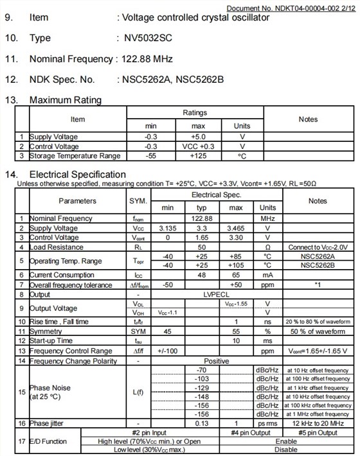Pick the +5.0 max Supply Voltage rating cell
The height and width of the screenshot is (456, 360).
point(199,137)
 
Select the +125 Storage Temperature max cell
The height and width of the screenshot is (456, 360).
point(199,155)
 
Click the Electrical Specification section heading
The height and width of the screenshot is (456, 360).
point(78,175)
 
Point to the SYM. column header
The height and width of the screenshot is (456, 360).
point(139,201)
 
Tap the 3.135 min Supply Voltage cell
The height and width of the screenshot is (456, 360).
point(168,228)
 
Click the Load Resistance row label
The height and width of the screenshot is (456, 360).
point(57,247)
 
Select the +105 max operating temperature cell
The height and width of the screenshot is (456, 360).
point(236,265)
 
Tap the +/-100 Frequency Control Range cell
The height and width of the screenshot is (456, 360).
point(168,351)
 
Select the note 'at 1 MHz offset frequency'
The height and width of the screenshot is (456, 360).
point(318,415)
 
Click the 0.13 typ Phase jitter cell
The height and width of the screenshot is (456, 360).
point(202,424)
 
